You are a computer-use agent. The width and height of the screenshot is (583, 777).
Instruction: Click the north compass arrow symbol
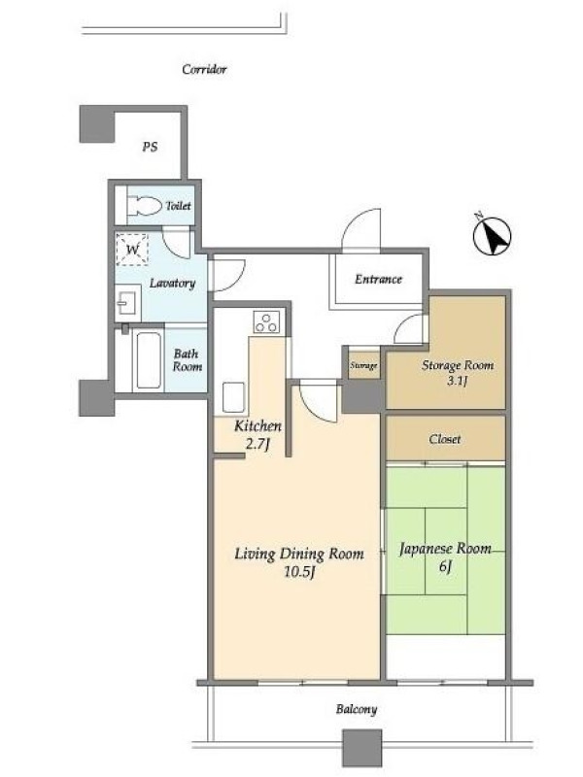tap(492, 236)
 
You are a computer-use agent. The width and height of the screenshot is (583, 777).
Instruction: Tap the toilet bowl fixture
tap(144, 206)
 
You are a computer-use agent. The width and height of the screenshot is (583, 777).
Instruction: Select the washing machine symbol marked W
tap(132, 248)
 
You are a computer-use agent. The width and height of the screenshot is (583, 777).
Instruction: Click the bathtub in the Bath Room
tap(149, 359)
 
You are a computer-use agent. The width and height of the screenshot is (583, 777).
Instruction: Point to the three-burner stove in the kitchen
tap(266, 322)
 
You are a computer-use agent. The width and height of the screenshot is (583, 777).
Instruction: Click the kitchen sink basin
tap(233, 397)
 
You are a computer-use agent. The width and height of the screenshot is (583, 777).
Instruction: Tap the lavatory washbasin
tap(128, 302)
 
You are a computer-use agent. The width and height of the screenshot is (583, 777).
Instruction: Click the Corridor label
tap(204, 69)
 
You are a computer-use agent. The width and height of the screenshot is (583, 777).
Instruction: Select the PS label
tap(150, 147)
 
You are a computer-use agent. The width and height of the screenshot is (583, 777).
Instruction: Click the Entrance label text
tap(378, 279)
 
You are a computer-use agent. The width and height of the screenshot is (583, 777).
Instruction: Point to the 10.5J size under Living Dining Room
tap(299, 572)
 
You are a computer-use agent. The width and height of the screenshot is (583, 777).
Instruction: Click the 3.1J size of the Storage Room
tap(457, 381)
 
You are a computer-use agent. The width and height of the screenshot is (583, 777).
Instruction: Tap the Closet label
tap(445, 439)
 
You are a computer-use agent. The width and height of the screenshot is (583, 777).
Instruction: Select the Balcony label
tap(357, 709)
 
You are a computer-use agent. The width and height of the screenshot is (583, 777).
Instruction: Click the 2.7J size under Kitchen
tap(257, 444)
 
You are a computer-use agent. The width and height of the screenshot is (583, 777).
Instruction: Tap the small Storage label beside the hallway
tap(363, 366)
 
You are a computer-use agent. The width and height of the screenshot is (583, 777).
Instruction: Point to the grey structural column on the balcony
tap(362, 748)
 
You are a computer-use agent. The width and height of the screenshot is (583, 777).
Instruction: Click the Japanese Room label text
tap(445, 549)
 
